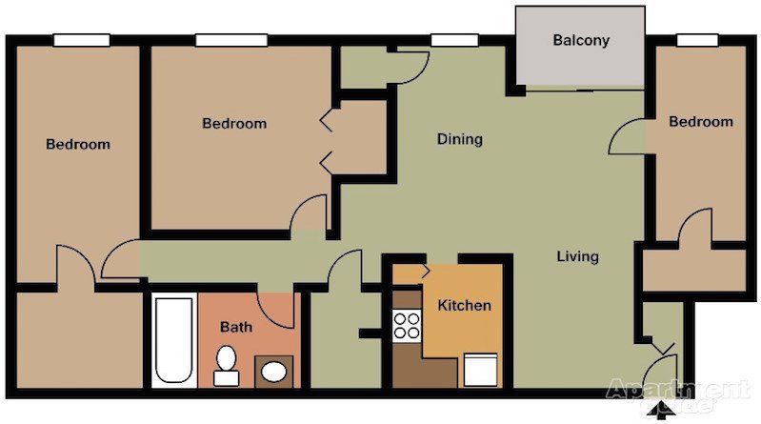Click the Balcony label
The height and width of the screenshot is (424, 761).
[x=581, y=41]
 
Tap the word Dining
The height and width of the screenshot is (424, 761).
[x=459, y=139]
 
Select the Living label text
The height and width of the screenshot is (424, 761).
[x=577, y=256]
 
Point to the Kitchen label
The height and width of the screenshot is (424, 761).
[x=464, y=306]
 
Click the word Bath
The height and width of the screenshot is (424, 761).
[x=236, y=327]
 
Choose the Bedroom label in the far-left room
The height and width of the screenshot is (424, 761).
[x=78, y=145]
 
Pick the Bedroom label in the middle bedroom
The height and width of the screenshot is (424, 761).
[x=234, y=124]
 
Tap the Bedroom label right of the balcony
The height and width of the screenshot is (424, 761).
[x=700, y=122]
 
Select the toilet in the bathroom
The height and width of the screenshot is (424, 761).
[x=227, y=366]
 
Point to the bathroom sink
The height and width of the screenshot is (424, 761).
[x=275, y=371]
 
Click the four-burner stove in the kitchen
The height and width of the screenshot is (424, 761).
[x=408, y=326]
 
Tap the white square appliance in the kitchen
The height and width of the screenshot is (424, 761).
[x=480, y=370]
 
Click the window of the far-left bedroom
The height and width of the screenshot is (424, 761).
[x=81, y=40]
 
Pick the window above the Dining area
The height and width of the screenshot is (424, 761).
[x=446, y=40]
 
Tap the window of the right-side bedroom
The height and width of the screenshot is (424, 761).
[x=697, y=40]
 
